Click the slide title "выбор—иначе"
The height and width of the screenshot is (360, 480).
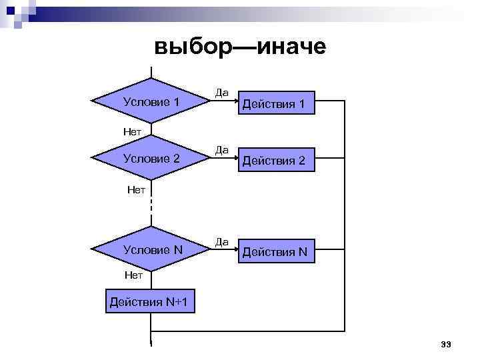click(x=239, y=46)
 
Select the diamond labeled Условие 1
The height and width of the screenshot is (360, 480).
click(x=151, y=101)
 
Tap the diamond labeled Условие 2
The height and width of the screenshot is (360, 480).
click(x=151, y=159)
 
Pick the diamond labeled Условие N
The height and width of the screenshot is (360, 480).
click(x=151, y=250)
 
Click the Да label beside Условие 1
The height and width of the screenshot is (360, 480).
click(x=221, y=93)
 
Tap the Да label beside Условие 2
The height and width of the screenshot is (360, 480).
click(x=221, y=150)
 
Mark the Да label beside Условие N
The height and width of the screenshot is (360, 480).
click(x=221, y=241)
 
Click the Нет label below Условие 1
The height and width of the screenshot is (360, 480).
click(x=132, y=131)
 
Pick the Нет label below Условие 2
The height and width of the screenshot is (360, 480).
click(x=136, y=189)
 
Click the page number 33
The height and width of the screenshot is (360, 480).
click(x=446, y=344)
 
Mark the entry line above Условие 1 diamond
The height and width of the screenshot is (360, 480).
click(x=151, y=72)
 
